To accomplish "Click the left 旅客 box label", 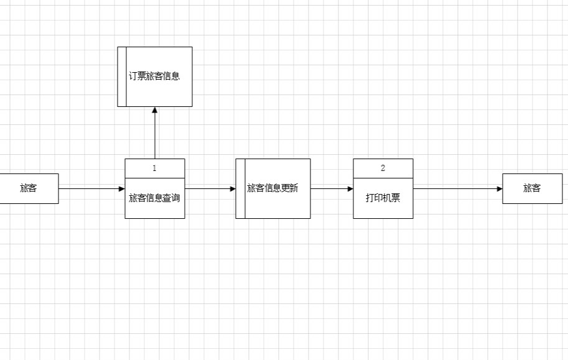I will (x=29, y=188).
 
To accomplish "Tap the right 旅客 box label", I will (x=532, y=188).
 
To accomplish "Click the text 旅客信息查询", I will (x=155, y=198).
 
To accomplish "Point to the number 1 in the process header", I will (x=155, y=168).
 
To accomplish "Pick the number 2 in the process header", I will (x=383, y=168).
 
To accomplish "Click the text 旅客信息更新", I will (x=272, y=188).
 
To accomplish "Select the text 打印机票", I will (x=383, y=198).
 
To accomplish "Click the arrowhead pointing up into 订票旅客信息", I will (x=155, y=111).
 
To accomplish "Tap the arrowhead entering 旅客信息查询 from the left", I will (x=121, y=188).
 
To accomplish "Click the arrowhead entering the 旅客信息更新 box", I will (x=232, y=188).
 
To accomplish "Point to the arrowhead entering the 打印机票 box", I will (x=350, y=188).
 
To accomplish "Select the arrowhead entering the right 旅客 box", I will (x=499, y=188).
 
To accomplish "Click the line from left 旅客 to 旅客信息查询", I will (x=90, y=188).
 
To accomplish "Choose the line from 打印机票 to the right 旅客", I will (x=457, y=188).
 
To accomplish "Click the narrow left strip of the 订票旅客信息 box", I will (x=122, y=76).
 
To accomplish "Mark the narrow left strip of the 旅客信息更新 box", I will (x=240, y=188).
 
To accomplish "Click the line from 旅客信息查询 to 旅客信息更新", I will (x=208, y=188).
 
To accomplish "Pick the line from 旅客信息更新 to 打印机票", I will (x=330, y=188).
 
